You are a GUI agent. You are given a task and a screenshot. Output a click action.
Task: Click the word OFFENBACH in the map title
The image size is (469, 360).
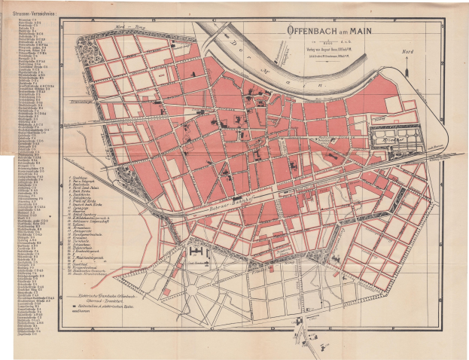click(315, 32)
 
